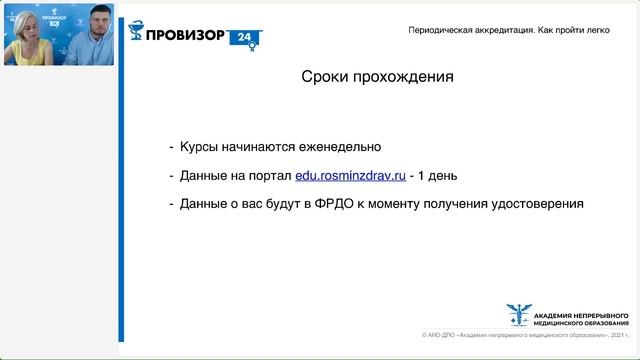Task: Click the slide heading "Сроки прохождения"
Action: (x=378, y=76)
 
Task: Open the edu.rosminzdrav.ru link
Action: (x=350, y=175)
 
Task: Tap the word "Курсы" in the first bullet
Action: (x=200, y=147)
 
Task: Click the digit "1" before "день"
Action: (x=420, y=175)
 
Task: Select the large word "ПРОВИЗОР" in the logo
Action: (x=185, y=37)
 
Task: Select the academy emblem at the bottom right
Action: (x=519, y=314)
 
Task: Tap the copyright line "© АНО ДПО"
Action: (x=439, y=337)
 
